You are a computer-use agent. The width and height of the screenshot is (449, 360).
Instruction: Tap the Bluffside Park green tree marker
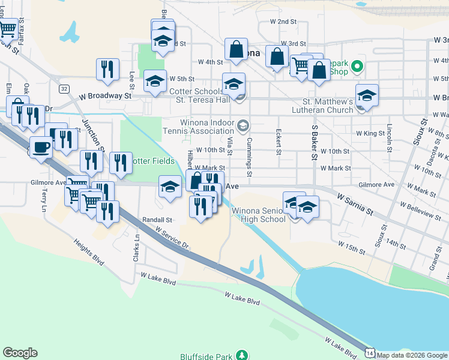pyautogui.click(x=241, y=355)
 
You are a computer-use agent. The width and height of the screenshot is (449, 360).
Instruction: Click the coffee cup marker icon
pyautogui.click(x=41, y=147)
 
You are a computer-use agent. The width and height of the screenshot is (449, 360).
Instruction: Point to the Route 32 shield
pyautogui.click(x=64, y=88)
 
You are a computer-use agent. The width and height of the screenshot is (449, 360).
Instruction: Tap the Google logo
pyautogui.click(x=20, y=353)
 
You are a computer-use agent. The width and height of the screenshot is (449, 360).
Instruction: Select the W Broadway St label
pyautogui.click(x=106, y=95)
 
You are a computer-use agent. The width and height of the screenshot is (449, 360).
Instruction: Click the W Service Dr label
pyautogui.click(x=172, y=238)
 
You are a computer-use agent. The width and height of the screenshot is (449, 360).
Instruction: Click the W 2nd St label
pyautogui.click(x=284, y=21)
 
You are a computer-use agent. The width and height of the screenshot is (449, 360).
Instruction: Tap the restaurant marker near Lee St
pyautogui.click(x=107, y=68)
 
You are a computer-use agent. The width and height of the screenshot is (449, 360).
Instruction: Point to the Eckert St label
pyautogui.click(x=279, y=142)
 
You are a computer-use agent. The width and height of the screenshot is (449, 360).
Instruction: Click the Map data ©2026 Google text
pyautogui.click(x=412, y=355)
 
